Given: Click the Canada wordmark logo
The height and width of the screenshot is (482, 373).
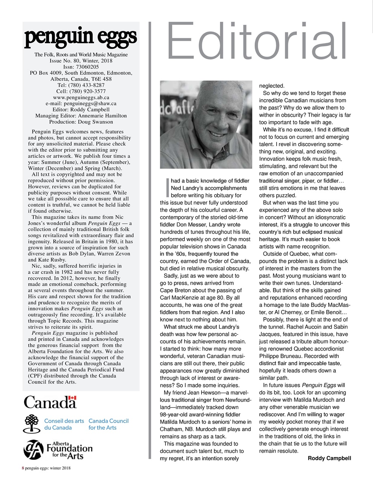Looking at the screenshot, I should click(x=50, y=402).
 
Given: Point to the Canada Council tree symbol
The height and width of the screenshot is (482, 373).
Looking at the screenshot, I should click(x=32, y=424).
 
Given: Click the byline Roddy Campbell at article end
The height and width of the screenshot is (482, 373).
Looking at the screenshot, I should click(x=329, y=458).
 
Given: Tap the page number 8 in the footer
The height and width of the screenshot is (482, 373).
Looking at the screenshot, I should click(x=23, y=468).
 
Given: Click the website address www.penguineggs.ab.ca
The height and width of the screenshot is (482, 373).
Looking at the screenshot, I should click(x=81, y=97).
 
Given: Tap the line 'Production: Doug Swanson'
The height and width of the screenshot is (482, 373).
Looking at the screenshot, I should click(x=81, y=122).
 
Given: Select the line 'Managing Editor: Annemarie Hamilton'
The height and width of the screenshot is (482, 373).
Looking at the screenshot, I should click(x=81, y=116).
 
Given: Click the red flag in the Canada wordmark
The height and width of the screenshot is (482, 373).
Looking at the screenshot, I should click(x=73, y=398).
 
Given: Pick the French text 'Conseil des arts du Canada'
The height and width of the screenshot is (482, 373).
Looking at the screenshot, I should click(x=64, y=424).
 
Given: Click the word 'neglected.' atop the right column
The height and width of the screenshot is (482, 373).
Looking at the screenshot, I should click(x=272, y=86).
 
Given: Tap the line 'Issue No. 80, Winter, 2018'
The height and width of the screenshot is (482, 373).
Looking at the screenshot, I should click(x=81, y=61).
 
